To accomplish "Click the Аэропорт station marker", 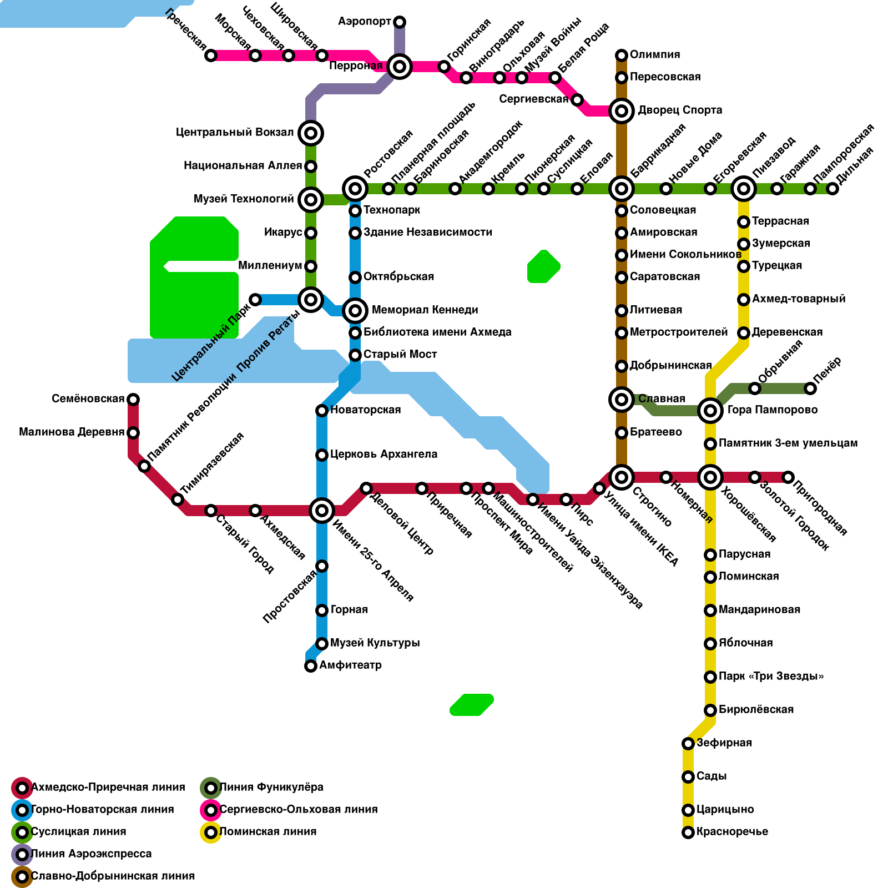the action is (x=400, y=22).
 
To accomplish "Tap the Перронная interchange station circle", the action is (x=400, y=67).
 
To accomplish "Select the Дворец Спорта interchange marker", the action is (x=622, y=111).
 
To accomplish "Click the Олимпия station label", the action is (x=655, y=55).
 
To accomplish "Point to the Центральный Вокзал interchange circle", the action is (x=311, y=133).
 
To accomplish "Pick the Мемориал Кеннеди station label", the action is (x=425, y=310).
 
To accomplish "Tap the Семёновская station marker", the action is (x=133, y=400).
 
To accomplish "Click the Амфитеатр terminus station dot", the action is (x=311, y=666).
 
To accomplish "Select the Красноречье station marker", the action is (x=688, y=833).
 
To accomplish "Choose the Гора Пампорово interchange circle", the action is (x=710, y=411).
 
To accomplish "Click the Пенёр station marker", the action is (x=810, y=389).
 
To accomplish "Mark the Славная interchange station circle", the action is (x=622, y=400).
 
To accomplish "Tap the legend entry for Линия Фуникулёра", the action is (x=271, y=788).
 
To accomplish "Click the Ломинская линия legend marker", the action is (x=211, y=833).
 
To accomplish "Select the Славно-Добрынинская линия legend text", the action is (x=113, y=876).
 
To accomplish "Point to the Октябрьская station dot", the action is (x=355, y=277).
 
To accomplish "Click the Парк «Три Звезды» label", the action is (x=771, y=677).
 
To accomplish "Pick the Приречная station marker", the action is (x=422, y=488).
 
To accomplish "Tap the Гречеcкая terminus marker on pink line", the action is (x=211, y=56).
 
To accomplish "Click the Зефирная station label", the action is (x=724, y=743).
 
